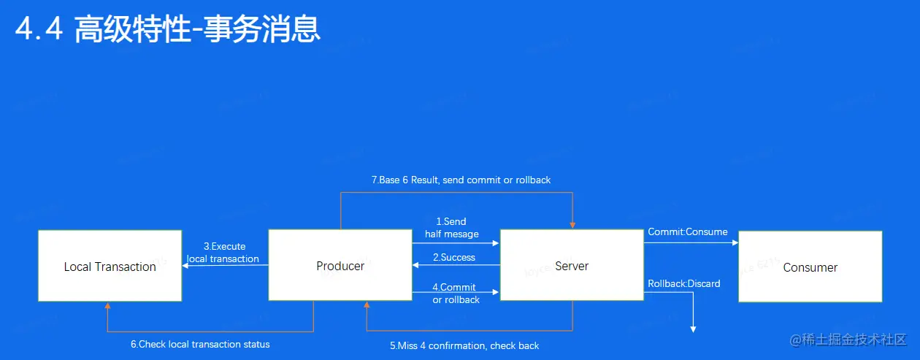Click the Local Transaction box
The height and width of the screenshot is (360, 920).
pyautogui.click(x=110, y=266)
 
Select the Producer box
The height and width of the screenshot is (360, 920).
pyautogui.click(x=340, y=265)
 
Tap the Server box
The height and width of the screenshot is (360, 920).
pyautogui.click(x=571, y=265)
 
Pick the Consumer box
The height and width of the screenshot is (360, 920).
pyautogui.click(x=810, y=267)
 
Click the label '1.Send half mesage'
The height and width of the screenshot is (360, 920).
pyautogui.click(x=452, y=228)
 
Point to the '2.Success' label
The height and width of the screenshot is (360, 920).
pyautogui.click(x=454, y=258)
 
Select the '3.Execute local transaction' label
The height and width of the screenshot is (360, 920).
pyautogui.click(x=223, y=253)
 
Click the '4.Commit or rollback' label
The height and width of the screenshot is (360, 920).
pyautogui.click(x=456, y=294)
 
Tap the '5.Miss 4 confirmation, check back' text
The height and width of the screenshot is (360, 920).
pyautogui.click(x=464, y=345)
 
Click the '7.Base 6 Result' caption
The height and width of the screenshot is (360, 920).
pyautogui.click(x=461, y=180)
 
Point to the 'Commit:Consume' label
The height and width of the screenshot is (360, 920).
pyautogui.click(x=688, y=232)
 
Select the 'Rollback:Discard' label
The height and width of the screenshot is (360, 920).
pyautogui.click(x=683, y=283)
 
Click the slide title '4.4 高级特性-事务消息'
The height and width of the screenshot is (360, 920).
pyautogui.click(x=168, y=31)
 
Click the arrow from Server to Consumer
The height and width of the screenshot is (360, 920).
pyautogui.click(x=691, y=242)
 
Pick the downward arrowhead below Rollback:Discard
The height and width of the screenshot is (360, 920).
pyautogui.click(x=693, y=329)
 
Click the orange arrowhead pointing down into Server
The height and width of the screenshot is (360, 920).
pyautogui.click(x=572, y=223)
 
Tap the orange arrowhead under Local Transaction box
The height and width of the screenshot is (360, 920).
pyautogui.click(x=108, y=306)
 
